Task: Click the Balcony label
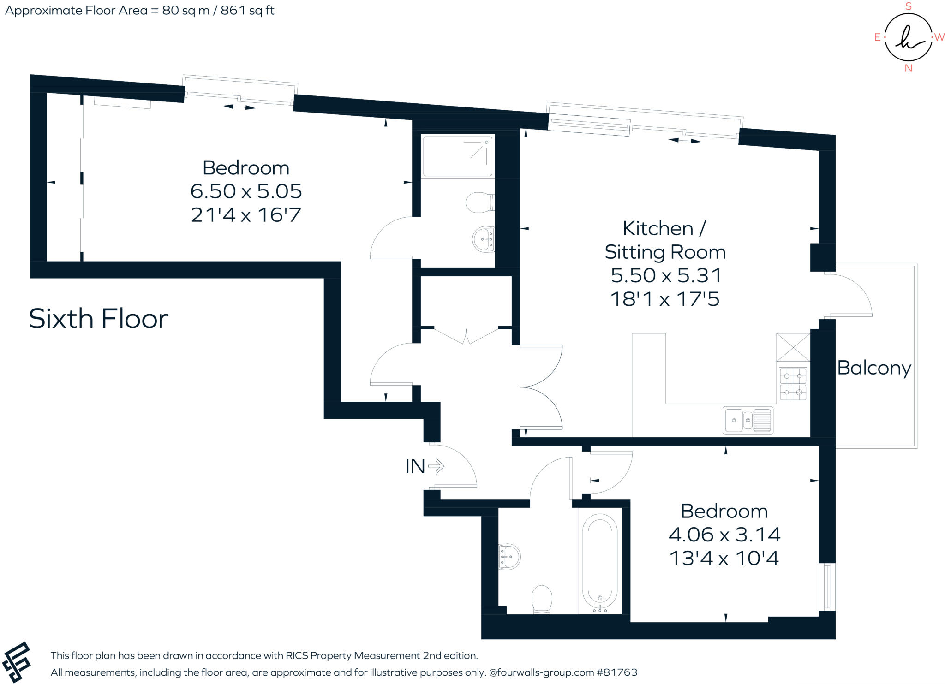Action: click(874, 368)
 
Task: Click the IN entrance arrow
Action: click(436, 466)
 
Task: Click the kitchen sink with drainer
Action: click(748, 420)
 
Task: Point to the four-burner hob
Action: click(793, 384)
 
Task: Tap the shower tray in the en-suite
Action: click(458, 155)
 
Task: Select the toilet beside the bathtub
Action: click(542, 599)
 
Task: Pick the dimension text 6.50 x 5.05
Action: click(246, 191)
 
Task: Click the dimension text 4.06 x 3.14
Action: click(724, 535)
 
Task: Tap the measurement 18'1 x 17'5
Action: click(665, 299)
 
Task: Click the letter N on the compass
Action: click(909, 68)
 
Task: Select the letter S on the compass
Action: click(909, 6)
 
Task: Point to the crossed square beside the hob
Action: click(793, 347)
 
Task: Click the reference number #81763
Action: click(617, 672)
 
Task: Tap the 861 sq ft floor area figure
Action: click(247, 10)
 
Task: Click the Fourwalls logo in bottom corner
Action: click(17, 662)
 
